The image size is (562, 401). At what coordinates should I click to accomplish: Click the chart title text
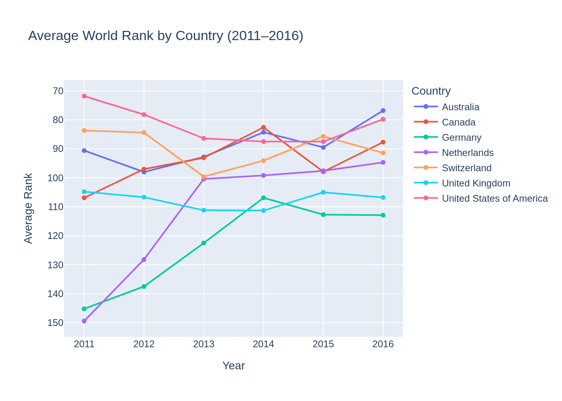(x=165, y=36)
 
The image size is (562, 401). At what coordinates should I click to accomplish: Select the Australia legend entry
(x=460, y=107)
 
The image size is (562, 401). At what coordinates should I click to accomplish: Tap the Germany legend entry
(x=461, y=138)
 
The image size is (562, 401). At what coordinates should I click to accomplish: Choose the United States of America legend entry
(x=495, y=198)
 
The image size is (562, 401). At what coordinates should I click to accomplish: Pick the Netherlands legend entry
(x=467, y=153)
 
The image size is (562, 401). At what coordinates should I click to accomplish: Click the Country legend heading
(x=431, y=91)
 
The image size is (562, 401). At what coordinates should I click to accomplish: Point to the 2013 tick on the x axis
(x=204, y=344)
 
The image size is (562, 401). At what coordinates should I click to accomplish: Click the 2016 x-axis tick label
(x=383, y=344)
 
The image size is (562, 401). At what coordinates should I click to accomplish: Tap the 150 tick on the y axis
(x=55, y=323)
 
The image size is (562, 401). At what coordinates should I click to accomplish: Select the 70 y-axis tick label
(x=58, y=91)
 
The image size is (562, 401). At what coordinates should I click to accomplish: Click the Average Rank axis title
(x=28, y=208)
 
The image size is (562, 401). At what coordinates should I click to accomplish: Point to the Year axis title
(x=233, y=366)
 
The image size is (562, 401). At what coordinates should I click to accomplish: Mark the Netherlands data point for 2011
(x=84, y=321)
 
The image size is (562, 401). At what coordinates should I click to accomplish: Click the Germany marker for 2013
(x=204, y=243)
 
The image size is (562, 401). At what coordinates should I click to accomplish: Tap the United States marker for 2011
(x=84, y=96)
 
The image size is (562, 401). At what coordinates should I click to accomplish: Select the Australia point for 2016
(x=383, y=111)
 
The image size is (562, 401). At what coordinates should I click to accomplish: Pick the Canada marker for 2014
(x=263, y=128)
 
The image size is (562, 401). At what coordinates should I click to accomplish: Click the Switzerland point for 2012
(x=144, y=132)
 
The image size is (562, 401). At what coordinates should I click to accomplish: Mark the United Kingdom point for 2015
(x=323, y=192)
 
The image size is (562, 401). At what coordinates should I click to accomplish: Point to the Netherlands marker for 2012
(x=144, y=259)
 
